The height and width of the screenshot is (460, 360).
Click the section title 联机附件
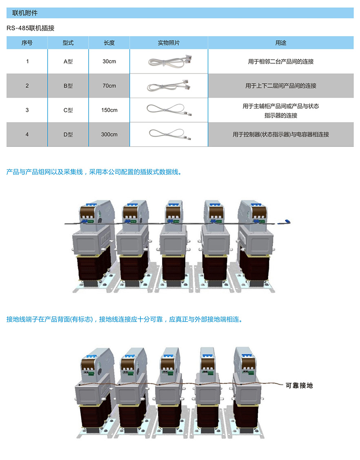pos(25,13)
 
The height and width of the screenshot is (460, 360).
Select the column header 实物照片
pos(169,42)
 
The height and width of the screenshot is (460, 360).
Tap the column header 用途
pos(281,42)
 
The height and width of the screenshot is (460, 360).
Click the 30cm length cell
pos(109,62)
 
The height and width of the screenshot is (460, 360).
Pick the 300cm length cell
pos(109,134)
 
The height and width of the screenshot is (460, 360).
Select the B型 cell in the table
pos(68,86)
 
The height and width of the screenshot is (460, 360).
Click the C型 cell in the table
pos(68,110)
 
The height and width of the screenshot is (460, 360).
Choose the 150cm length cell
pos(109,110)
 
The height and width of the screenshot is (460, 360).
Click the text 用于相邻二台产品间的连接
pos(281,62)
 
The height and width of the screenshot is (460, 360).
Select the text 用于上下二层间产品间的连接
pos(281,86)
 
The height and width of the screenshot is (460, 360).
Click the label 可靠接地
pos(299,385)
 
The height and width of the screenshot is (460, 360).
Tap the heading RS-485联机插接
pos(31,28)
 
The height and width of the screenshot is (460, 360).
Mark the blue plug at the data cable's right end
pos(287,222)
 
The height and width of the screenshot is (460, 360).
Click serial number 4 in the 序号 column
pos(27,134)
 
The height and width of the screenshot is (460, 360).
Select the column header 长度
pos(109,42)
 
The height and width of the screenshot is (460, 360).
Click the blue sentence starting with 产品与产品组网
pos(93,172)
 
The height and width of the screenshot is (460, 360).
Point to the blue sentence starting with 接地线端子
pos(124,319)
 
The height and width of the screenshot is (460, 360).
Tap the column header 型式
pos(68,42)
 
